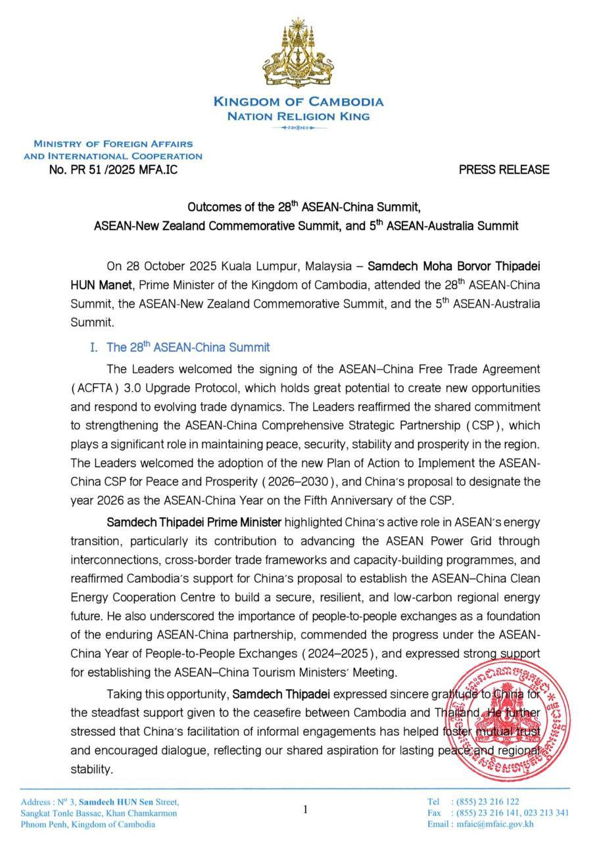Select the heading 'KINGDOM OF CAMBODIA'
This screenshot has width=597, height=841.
coord(298,102)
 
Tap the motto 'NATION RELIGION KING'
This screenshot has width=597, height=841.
coord(298,116)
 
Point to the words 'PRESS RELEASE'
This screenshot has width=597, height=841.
coord(504,170)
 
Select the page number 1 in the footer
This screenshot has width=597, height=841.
coord(305,810)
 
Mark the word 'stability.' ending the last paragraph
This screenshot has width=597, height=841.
coord(92,767)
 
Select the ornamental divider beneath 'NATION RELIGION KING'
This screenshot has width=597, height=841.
coord(298,129)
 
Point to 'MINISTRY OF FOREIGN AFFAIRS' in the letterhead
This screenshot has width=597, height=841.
coord(113,144)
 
